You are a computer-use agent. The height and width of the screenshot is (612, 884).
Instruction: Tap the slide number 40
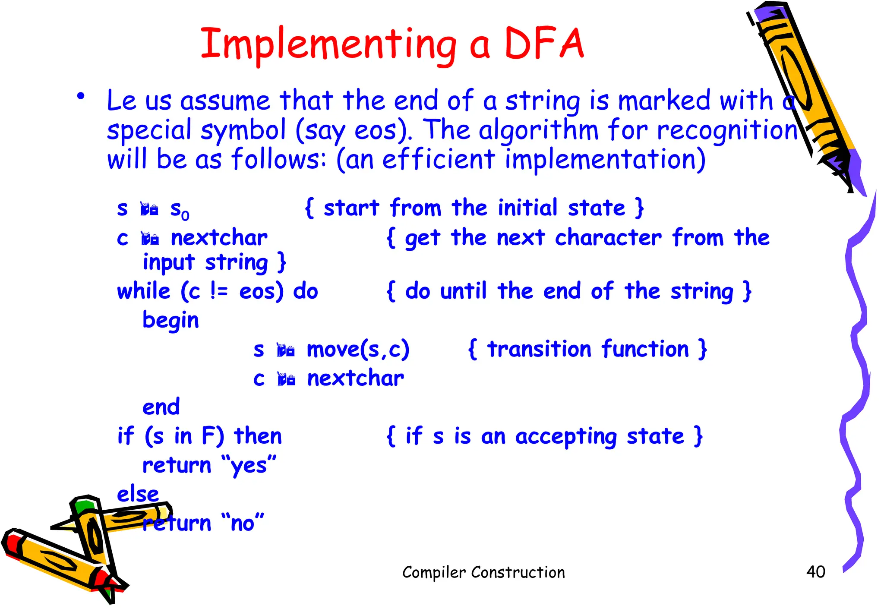tap(815, 571)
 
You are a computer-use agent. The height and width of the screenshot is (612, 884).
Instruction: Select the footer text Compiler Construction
tap(483, 572)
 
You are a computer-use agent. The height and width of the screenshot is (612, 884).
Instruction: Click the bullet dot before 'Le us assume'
tap(81, 97)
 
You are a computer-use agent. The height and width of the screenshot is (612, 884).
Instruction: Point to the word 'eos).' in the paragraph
tap(383, 130)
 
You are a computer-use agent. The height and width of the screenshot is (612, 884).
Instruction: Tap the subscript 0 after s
tap(185, 215)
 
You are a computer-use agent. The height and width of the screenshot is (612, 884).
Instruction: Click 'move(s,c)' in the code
tap(358, 349)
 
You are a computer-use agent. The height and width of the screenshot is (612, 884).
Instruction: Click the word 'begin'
tap(170, 321)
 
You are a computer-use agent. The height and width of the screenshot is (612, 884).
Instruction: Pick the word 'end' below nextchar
tap(161, 407)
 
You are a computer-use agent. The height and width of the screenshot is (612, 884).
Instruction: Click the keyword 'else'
tap(138, 494)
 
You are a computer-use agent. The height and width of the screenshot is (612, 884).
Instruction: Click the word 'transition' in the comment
tap(539, 349)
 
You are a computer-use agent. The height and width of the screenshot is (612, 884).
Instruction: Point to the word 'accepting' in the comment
tap(566, 437)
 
